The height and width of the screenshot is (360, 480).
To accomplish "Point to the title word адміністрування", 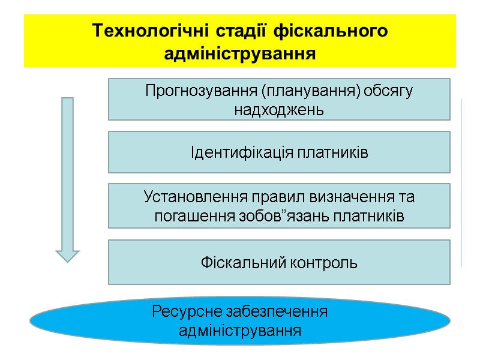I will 240,54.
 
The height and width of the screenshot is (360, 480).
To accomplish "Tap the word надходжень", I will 279,110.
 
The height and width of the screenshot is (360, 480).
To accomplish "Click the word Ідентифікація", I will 241,153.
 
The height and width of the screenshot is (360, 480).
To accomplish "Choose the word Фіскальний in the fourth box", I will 237,263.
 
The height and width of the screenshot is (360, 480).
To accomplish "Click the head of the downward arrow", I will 67,254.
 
